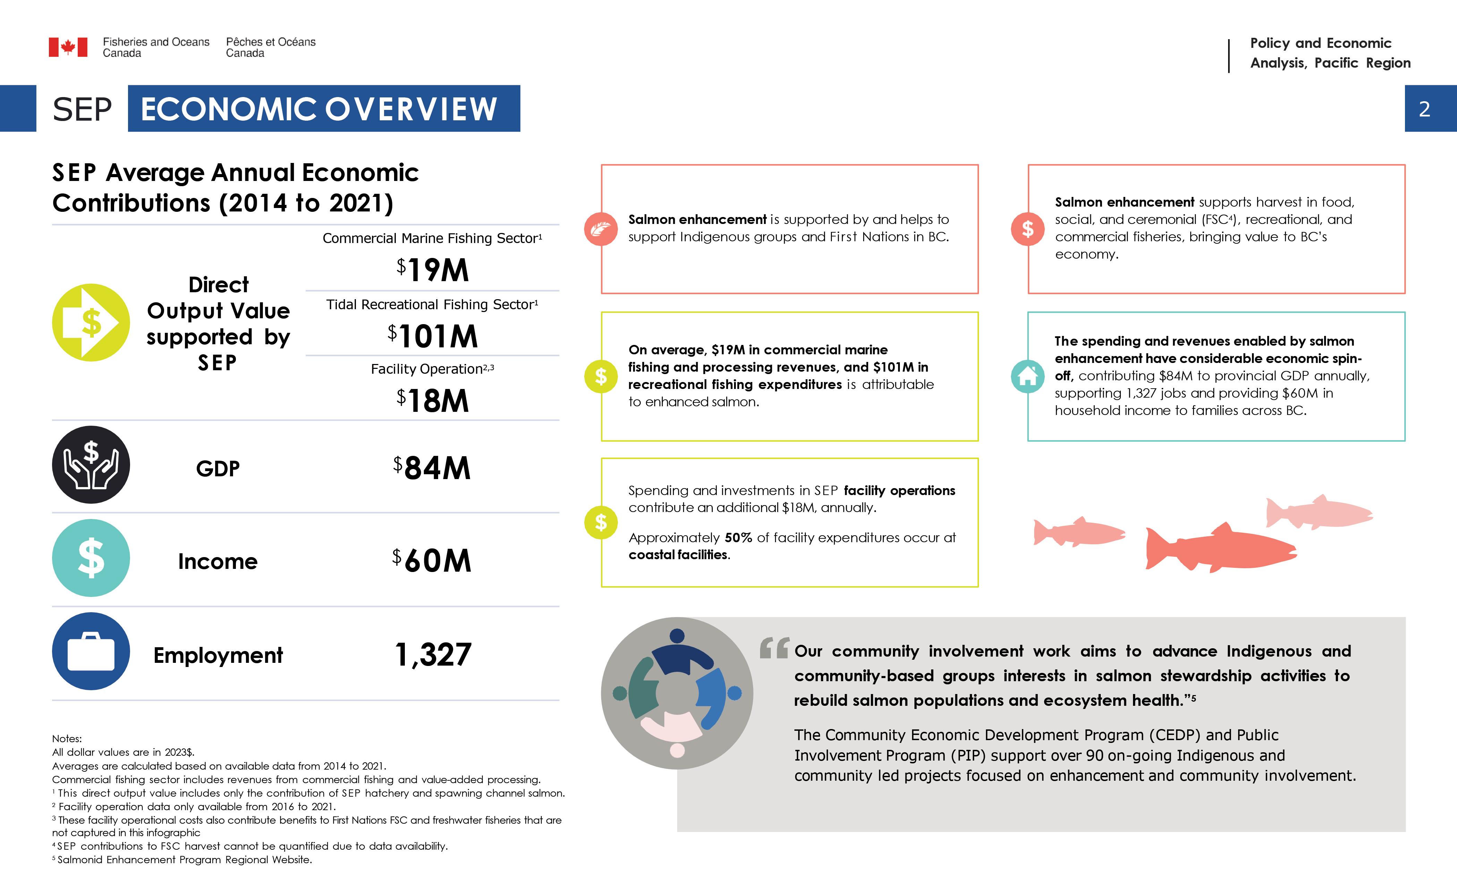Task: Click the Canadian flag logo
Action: [68, 47]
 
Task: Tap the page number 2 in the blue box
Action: [1424, 109]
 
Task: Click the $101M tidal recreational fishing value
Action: [433, 336]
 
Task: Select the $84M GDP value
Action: [432, 468]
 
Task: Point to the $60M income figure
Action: [432, 560]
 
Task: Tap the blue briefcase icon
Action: [91, 651]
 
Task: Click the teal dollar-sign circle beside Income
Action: [91, 558]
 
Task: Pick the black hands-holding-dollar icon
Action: [91, 465]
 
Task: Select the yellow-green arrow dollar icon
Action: [91, 323]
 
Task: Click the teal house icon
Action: [1028, 376]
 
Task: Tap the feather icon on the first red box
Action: [601, 229]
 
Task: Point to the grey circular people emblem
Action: [677, 693]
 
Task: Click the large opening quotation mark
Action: [774, 648]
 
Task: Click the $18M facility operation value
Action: [433, 401]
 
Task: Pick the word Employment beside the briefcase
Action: [218, 655]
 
